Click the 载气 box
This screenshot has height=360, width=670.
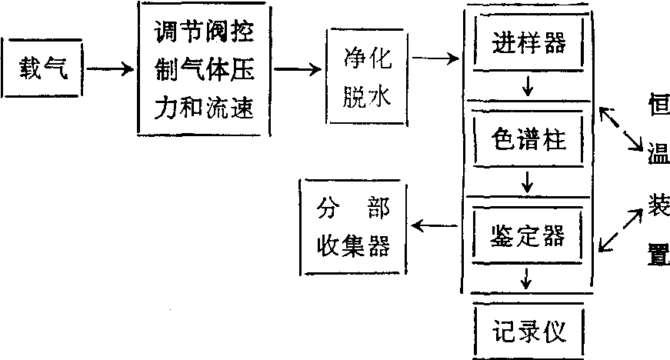[43, 70]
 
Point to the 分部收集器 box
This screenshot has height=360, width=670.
[352, 227]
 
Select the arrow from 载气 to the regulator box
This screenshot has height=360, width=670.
[110, 70]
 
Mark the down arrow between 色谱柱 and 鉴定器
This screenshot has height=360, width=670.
[528, 183]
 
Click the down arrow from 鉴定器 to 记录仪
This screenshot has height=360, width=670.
[528, 278]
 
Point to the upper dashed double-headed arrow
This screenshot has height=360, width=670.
[622, 129]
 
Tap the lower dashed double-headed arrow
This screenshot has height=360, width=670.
[622, 228]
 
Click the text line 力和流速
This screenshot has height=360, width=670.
[204, 108]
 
